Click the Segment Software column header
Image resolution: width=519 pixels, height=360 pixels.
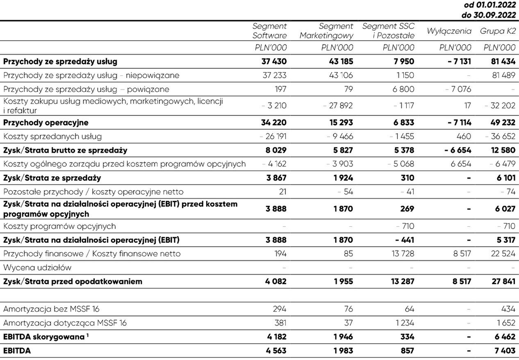click(x=269, y=31)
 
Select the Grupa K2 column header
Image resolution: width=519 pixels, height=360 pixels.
click(x=498, y=31)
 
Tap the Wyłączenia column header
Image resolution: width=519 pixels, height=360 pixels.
click(x=449, y=31)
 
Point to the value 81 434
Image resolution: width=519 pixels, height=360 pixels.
click(x=499, y=62)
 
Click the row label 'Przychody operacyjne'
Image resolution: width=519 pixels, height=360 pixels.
click(x=46, y=123)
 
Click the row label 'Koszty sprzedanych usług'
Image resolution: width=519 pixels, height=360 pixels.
click(x=52, y=137)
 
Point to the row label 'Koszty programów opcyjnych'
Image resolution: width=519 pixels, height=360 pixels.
click(x=59, y=226)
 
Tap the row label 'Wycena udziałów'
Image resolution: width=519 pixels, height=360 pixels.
click(x=37, y=268)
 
